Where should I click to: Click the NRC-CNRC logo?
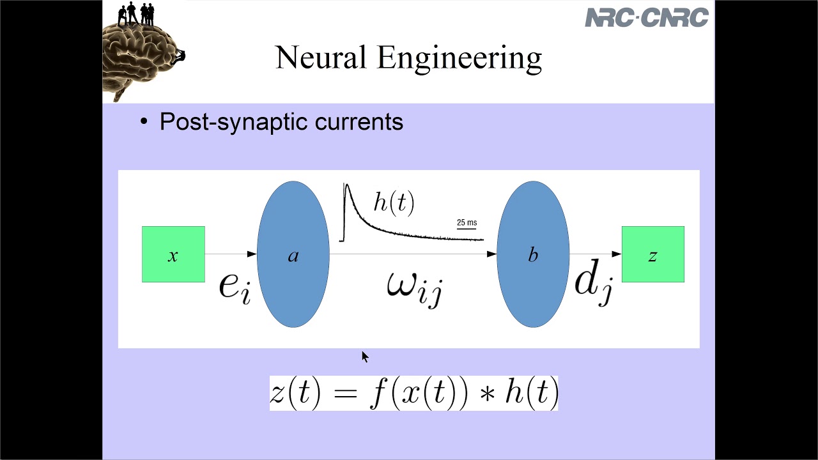(x=647, y=17)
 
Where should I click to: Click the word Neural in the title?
(x=321, y=57)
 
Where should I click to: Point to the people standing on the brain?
(x=136, y=13)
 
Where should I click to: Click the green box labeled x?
(x=173, y=254)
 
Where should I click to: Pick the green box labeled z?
(x=652, y=254)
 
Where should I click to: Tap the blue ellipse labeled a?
(x=293, y=254)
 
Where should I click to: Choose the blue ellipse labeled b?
(x=533, y=254)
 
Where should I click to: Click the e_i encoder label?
(x=234, y=286)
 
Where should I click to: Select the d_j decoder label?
(x=594, y=282)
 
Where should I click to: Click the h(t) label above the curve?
(x=394, y=203)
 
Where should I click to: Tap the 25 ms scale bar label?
(x=467, y=222)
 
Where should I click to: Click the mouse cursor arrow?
(x=364, y=356)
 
